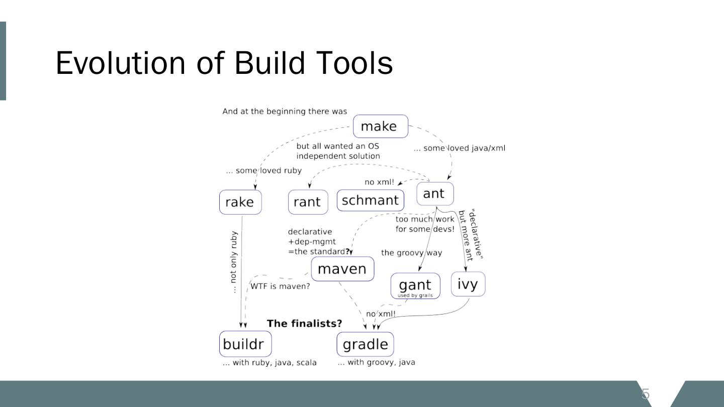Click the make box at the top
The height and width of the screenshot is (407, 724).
click(x=380, y=126)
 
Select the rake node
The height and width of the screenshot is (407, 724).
click(x=240, y=202)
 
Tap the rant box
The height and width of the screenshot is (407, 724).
click(x=307, y=202)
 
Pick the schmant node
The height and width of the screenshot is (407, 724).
click(x=370, y=200)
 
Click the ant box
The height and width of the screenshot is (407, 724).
click(x=434, y=193)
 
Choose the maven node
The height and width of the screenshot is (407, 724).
click(x=342, y=269)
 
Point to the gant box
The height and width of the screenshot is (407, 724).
click(x=415, y=285)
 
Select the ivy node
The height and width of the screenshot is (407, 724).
click(x=468, y=284)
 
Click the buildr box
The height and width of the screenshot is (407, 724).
click(x=245, y=344)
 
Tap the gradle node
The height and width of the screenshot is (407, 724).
click(x=365, y=344)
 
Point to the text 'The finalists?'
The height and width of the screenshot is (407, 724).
click(x=304, y=323)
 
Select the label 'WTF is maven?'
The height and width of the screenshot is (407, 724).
click(x=280, y=286)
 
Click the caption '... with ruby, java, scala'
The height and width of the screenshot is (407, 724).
click(x=269, y=363)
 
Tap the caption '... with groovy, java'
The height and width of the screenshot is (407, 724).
click(x=376, y=362)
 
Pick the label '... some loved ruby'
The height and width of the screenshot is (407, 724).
click(x=263, y=170)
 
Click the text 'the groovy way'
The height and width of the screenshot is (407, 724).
click(x=411, y=253)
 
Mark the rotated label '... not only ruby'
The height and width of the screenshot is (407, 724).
click(x=233, y=262)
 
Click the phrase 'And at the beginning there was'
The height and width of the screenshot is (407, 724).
click(x=285, y=112)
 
